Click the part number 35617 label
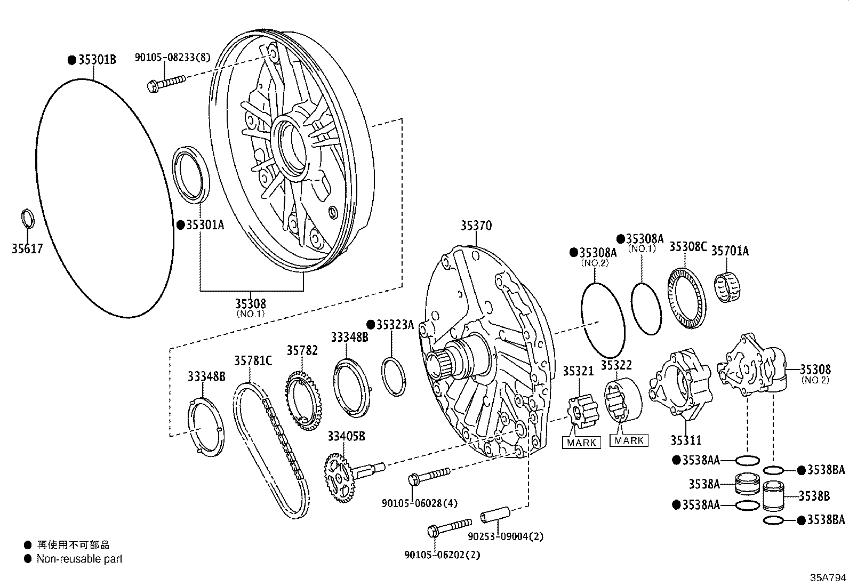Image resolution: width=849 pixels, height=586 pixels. pos(27,248)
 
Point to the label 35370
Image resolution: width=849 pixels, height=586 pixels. pos(476,226)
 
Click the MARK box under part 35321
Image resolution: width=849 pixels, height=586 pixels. pos(581,443)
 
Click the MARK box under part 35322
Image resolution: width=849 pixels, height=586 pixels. pos(629,440)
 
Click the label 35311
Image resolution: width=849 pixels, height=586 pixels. pos(686,440)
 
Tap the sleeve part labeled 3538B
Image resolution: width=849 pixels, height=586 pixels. pos(775,496)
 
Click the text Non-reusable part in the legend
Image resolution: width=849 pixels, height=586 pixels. pos(79,559)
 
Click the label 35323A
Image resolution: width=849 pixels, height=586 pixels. pos(395,324)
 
